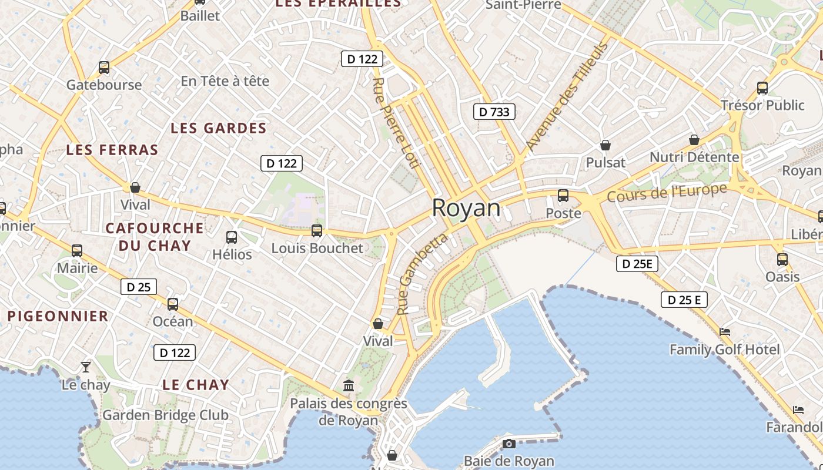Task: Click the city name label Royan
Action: [466, 208]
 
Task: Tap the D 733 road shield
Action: [494, 112]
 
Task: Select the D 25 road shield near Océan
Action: [139, 287]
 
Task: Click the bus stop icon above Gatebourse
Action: [104, 68]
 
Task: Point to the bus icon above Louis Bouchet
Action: [317, 231]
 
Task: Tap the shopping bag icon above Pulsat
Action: [605, 145]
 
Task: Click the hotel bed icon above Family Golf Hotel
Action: [725, 332]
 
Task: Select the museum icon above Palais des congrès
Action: [349, 386]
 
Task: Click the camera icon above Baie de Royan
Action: [509, 444]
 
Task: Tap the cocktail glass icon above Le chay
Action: [86, 367]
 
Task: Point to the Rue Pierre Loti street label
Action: [396, 123]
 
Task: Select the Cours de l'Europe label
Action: [667, 193]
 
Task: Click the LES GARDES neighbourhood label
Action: [218, 128]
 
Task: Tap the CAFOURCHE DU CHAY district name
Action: [155, 236]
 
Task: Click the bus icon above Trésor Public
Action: [762, 88]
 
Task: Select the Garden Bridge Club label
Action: [165, 415]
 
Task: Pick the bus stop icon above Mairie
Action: [77, 251]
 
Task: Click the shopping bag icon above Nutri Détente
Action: [694, 140]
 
